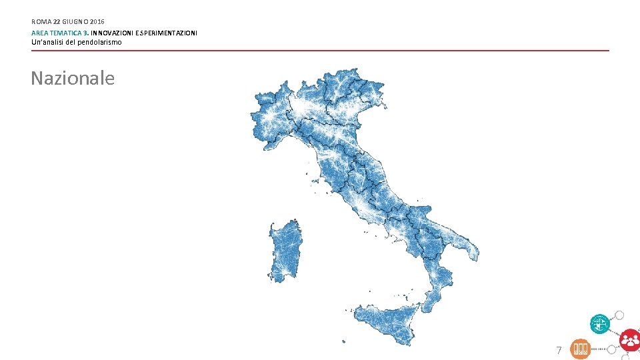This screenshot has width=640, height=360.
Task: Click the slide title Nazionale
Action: click(x=73, y=79)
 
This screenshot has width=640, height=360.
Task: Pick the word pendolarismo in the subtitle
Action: click(x=99, y=43)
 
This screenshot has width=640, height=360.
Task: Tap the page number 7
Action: click(x=559, y=350)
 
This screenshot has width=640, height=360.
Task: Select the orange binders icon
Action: click(x=581, y=349)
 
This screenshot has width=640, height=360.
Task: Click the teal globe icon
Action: click(x=599, y=324)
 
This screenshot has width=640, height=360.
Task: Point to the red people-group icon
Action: click(x=629, y=340)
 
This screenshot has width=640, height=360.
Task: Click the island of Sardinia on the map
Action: click(x=285, y=250)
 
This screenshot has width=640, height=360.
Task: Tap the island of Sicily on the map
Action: click(x=387, y=323)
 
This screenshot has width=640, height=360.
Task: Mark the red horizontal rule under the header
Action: click(x=320, y=51)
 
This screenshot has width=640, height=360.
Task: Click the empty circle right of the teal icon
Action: click(x=619, y=315)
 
